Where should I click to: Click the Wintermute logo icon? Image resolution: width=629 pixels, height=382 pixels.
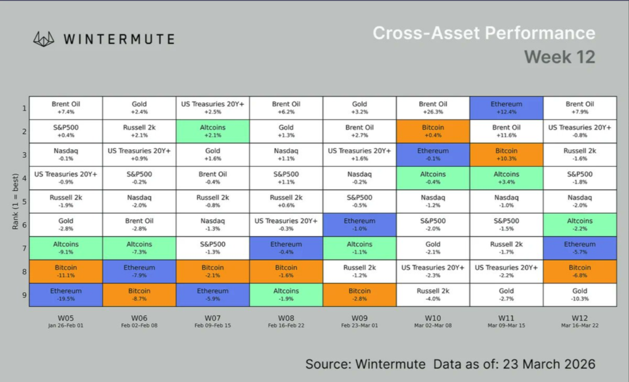44,39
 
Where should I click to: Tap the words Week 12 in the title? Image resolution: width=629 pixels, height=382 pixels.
559,57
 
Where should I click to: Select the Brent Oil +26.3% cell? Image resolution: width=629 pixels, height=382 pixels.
433,108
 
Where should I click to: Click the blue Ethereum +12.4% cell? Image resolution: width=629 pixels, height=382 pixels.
506,108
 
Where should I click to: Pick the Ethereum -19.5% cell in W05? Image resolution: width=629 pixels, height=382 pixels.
66,295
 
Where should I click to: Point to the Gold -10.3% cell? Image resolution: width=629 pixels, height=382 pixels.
580,295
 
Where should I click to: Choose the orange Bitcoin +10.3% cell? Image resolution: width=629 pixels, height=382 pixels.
506,154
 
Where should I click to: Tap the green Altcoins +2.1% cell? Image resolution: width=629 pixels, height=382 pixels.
213,132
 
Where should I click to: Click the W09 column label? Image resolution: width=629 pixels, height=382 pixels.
360,317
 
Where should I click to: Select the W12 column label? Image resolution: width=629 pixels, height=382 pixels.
580,317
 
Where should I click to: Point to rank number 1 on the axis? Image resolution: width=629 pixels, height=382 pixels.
25,108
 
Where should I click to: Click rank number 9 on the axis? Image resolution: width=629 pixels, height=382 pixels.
25,295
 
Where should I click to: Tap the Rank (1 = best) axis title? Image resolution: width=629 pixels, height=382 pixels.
15,201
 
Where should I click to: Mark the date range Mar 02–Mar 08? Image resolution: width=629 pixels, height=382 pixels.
433,326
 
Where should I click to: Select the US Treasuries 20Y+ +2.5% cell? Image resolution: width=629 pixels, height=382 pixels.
213,108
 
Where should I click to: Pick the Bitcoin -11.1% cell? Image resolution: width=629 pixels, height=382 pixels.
66,271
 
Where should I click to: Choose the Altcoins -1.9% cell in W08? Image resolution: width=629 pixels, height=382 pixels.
286,295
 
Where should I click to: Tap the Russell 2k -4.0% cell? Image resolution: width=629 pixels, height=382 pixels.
433,295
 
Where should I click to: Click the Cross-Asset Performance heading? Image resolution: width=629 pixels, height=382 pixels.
484,33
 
